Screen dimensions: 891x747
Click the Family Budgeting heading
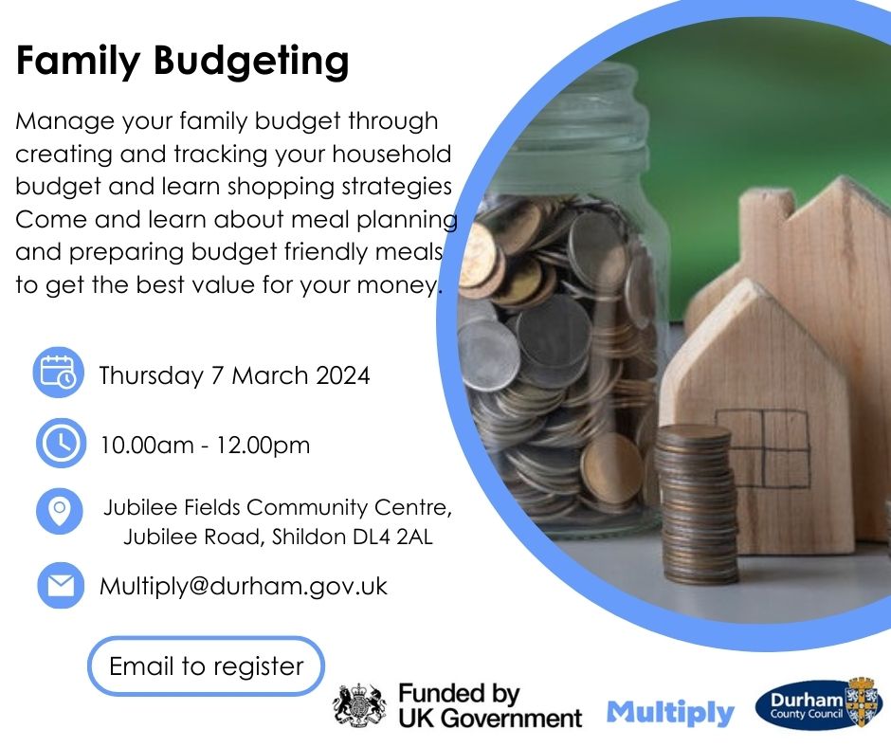(182, 62)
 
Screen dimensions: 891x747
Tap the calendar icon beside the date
(59, 373)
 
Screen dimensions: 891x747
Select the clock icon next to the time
(61, 443)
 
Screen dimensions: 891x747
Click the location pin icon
(60, 511)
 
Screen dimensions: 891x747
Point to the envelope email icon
(61, 586)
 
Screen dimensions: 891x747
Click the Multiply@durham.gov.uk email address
(244, 587)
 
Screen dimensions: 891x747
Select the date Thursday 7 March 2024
(234, 375)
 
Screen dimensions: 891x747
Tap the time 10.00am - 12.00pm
(205, 446)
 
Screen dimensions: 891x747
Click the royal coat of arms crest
(359, 706)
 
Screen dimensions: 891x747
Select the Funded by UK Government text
(490, 706)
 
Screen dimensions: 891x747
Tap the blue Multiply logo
(670, 713)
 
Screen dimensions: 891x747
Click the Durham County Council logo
(817, 703)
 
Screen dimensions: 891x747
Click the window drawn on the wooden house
(761, 448)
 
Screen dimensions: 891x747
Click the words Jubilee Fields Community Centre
(278, 507)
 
